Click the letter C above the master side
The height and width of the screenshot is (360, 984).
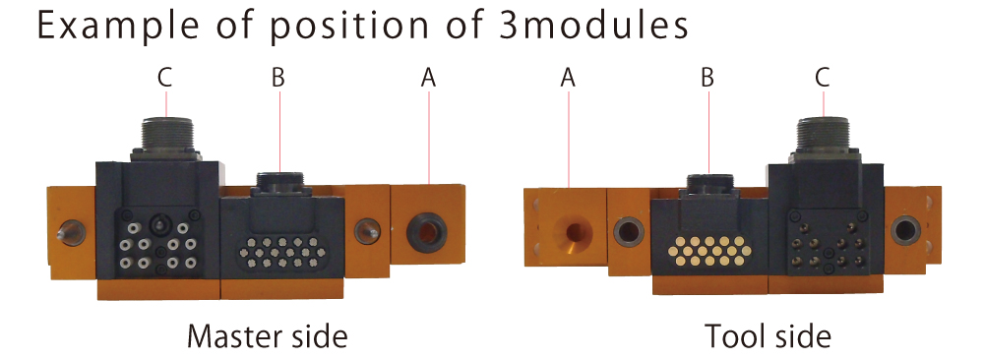(165, 78)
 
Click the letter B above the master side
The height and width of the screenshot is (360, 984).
(278, 78)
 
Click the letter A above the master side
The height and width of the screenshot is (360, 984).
(428, 78)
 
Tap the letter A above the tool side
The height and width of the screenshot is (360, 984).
(568, 78)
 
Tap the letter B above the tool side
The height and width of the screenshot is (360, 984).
(707, 78)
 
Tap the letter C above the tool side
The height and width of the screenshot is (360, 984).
(822, 78)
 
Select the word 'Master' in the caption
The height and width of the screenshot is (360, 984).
(230, 336)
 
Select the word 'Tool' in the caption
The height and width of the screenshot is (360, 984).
(732, 336)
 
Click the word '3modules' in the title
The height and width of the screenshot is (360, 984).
(593, 26)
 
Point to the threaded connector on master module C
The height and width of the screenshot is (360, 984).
(165, 134)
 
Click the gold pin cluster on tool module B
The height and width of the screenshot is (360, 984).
(709, 251)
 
